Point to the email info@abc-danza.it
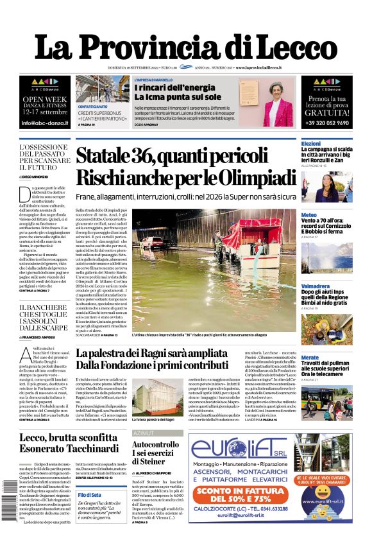click(45, 122)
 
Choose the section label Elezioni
click(311, 143)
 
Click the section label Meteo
click(309, 215)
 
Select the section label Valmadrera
click(316, 286)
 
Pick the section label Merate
click(310, 357)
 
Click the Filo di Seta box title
click(89, 495)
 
